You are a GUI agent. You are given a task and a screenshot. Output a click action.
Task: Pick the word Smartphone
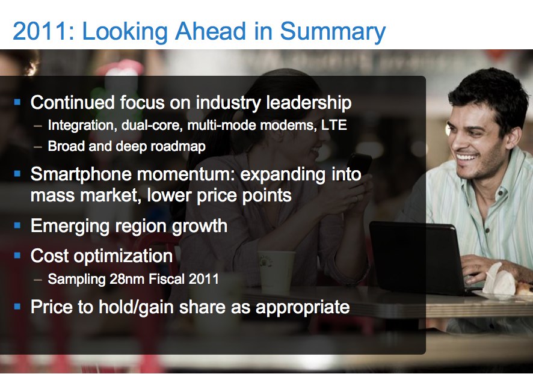(x=81, y=174)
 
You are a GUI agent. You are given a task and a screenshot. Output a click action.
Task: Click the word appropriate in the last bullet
(x=303, y=308)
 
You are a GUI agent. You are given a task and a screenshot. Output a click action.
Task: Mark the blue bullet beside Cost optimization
(x=17, y=256)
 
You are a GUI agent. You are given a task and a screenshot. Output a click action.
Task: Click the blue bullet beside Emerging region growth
(x=17, y=225)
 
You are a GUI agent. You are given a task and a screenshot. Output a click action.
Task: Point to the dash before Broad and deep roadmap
(x=38, y=147)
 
